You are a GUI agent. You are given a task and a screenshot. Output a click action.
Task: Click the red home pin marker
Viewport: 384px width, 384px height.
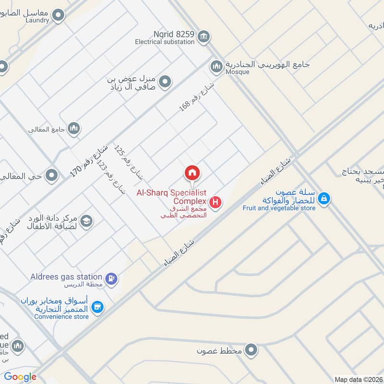(x=192, y=173)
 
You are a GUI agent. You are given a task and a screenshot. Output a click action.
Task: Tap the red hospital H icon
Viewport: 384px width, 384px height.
(x=216, y=203)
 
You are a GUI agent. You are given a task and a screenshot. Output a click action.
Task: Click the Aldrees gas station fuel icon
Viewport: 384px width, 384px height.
(x=111, y=278)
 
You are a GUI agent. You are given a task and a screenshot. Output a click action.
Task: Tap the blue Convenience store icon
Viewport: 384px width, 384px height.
(x=97, y=307)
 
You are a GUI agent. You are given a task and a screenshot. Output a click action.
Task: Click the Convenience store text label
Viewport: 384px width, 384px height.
(x=61, y=317)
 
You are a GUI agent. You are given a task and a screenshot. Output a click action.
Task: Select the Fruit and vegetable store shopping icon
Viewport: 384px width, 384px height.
(x=324, y=198)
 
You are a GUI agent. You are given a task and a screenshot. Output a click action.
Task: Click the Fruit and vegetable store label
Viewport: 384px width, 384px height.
(x=279, y=208)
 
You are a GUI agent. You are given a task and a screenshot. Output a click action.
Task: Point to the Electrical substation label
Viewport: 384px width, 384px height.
(x=165, y=42)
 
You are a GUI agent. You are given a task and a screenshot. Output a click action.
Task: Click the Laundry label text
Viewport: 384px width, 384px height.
(x=37, y=21)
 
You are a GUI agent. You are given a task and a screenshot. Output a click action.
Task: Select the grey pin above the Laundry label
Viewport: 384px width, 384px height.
(x=59, y=16)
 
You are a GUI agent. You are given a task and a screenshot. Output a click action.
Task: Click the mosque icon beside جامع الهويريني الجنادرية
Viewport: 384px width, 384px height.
(x=216, y=66)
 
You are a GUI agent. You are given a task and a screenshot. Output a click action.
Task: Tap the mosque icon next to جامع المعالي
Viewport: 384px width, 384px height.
(x=73, y=128)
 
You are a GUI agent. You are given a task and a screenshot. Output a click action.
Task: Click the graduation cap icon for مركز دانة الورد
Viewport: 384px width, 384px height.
(x=87, y=221)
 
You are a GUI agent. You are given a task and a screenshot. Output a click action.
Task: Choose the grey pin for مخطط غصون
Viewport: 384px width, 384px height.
(x=250, y=350)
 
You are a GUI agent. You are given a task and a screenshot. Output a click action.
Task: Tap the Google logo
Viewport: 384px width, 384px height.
(x=20, y=377)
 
